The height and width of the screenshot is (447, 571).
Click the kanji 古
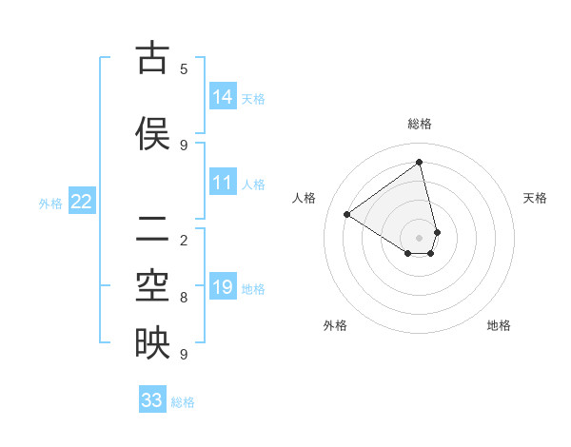coord(151,59)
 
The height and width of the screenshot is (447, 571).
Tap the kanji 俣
coord(151,133)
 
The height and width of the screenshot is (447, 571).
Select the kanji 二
coord(151,229)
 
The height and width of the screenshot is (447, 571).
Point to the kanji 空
coord(151,285)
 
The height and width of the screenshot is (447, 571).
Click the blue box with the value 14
coord(223,97)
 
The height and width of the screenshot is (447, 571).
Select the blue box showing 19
coord(223,287)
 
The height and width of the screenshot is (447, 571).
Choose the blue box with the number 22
coord(82,202)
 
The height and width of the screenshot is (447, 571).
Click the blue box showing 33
coord(152,400)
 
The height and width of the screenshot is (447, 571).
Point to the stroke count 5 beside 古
coord(184,68)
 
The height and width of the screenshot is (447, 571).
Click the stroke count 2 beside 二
coord(184,240)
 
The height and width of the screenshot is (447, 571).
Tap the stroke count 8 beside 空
coord(184,297)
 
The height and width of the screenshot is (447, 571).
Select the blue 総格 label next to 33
coord(183,402)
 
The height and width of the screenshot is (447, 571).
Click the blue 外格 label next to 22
coord(50,203)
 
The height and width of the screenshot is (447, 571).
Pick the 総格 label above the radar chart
coord(420,124)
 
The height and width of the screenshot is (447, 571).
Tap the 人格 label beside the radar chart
coord(305,198)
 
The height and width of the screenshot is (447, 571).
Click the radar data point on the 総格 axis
coord(420,162)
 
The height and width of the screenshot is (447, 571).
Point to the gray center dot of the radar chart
coord(420,237)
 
